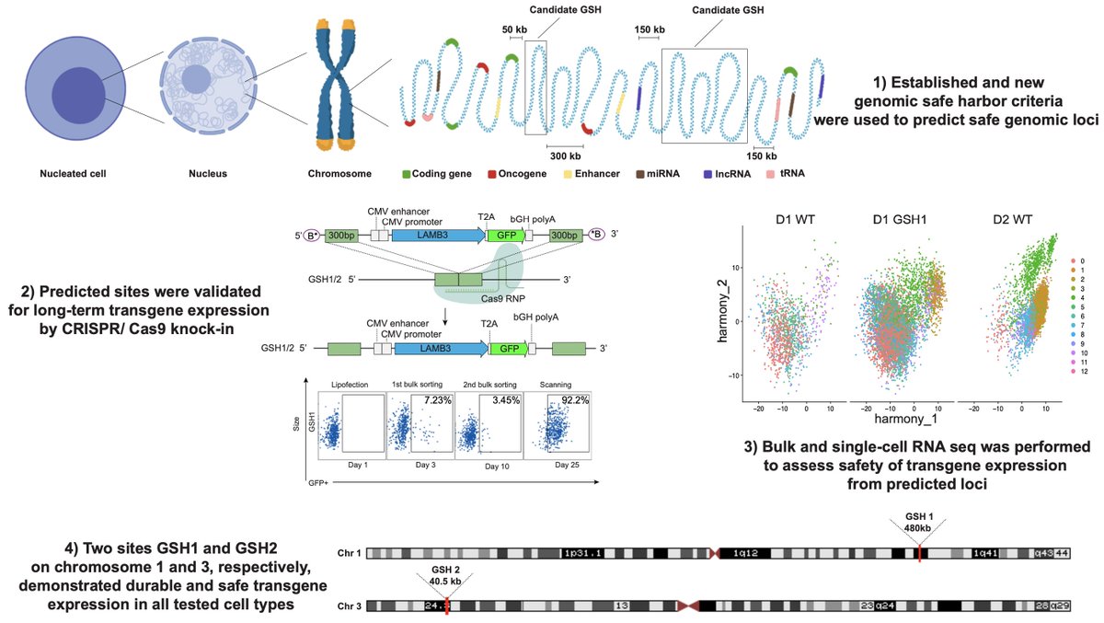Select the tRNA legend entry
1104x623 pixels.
[784, 172]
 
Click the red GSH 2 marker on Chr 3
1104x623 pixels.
[445, 606]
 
